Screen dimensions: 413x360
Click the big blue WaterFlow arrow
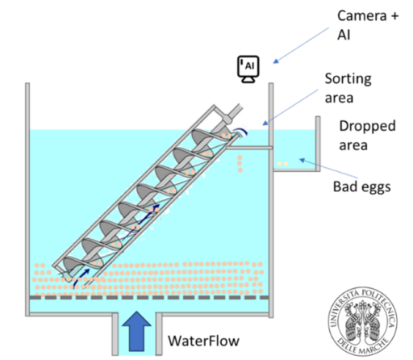[136, 332]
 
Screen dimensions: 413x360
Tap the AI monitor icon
[248, 69]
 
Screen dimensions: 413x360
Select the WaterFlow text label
[203, 341]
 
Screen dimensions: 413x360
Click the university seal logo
[362, 321]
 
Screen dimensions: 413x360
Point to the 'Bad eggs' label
[362, 186]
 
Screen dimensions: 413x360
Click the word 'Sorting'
[348, 79]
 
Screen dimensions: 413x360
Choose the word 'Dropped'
[367, 126]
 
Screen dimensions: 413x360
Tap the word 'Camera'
[362, 15]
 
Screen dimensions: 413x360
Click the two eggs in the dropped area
[282, 164]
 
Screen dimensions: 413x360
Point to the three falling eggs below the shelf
[240, 164]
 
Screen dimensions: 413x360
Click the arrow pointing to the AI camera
[301, 45]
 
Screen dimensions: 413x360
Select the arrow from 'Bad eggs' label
[328, 169]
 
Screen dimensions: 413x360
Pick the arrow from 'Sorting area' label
[290, 107]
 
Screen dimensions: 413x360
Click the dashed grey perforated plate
[149, 297]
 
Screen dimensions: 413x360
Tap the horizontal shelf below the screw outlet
[249, 148]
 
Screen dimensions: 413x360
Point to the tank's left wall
[27, 199]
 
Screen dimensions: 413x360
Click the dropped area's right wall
[318, 144]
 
